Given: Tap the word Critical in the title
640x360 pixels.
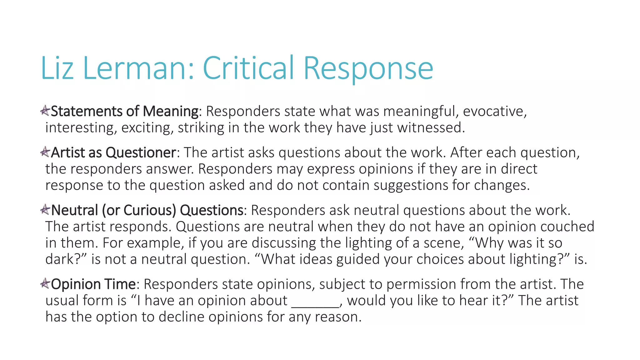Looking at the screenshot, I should [248, 68].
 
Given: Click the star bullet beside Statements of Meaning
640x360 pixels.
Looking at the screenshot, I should [45, 110].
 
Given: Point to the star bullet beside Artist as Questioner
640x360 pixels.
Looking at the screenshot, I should [45, 152].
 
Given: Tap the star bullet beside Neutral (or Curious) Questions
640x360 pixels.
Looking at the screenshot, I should [45, 209].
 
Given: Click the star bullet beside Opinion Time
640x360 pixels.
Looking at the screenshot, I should [45, 283].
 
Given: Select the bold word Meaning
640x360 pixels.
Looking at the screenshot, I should [170, 112].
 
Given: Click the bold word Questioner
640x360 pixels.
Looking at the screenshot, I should [141, 153].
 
